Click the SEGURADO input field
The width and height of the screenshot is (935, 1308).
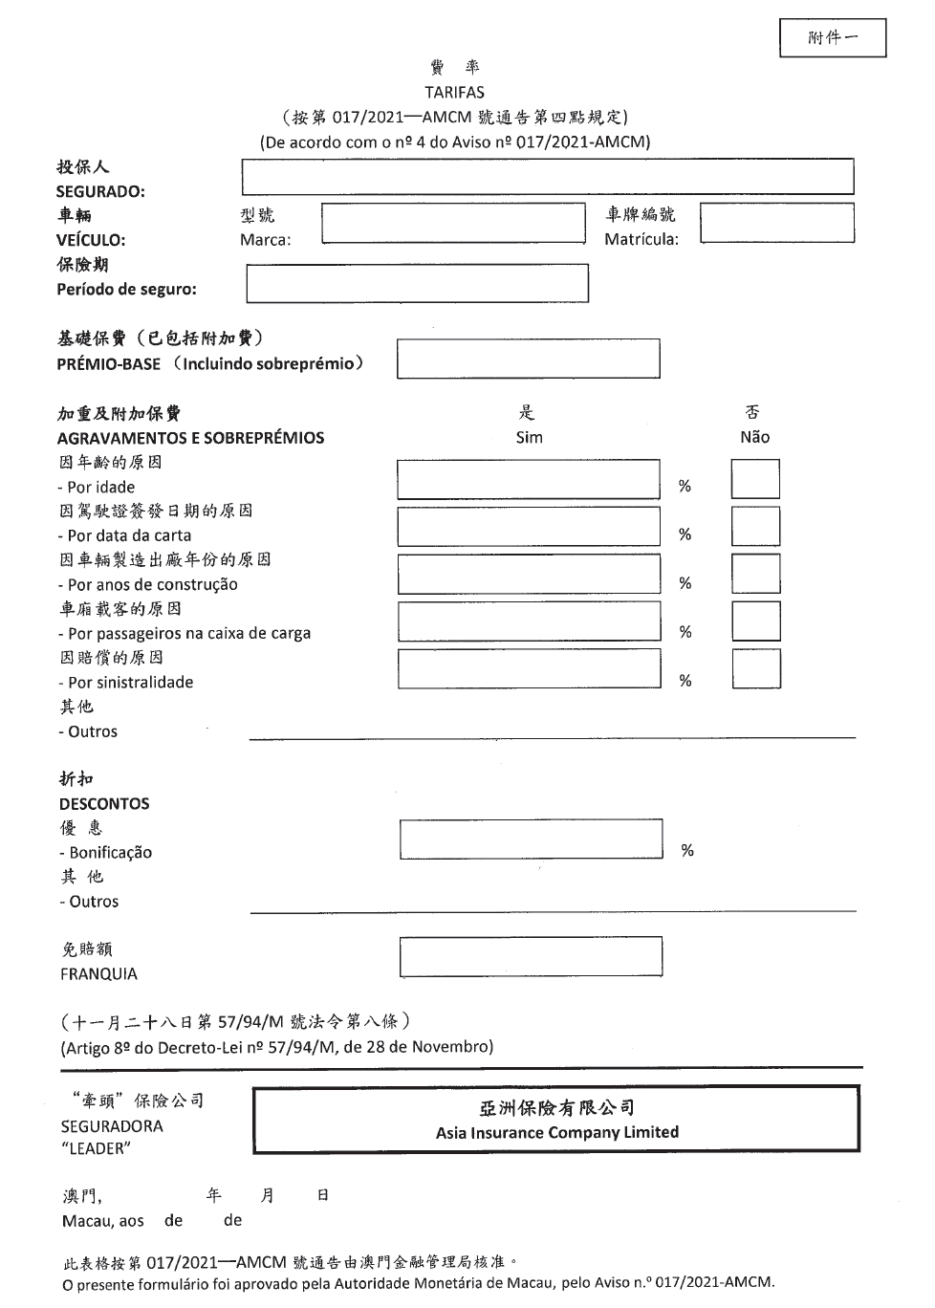tap(547, 177)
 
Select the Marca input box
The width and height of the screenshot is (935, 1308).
tap(453, 224)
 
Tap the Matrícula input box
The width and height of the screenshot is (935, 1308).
tap(776, 224)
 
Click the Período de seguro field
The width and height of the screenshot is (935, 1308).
tap(417, 283)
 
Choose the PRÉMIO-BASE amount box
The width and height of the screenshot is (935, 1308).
tap(528, 359)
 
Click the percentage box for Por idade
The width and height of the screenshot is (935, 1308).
tap(528, 480)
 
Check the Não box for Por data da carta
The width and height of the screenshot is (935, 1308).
tap(755, 527)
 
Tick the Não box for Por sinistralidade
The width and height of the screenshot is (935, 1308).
tap(755, 669)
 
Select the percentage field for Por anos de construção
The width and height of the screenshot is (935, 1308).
tap(528, 574)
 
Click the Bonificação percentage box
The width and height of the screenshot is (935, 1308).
tap(531, 839)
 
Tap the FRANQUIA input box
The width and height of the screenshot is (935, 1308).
tap(531, 956)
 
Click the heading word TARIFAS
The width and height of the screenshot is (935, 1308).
tap(454, 93)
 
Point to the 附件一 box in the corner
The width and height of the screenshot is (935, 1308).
tap(832, 38)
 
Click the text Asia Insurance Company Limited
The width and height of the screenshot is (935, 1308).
tap(556, 1133)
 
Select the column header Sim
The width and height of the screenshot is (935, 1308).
tap(529, 437)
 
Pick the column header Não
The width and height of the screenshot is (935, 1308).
tap(754, 437)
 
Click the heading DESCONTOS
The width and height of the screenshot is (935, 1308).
tap(104, 804)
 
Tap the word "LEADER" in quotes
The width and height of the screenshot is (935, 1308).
tap(96, 1149)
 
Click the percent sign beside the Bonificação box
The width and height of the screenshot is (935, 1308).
tap(686, 850)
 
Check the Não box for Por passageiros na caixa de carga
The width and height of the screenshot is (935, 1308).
tap(755, 621)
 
